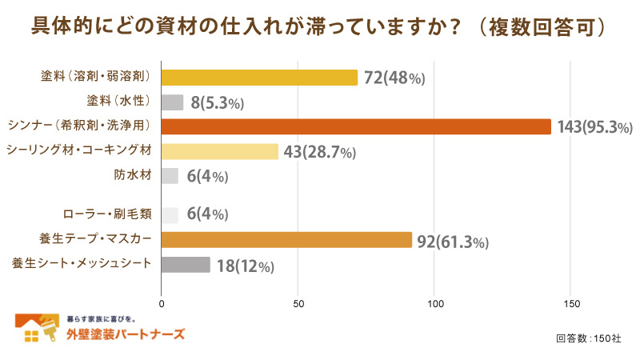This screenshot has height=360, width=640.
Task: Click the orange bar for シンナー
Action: point(356,126)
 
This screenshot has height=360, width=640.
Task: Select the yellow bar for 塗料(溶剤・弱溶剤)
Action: point(259,78)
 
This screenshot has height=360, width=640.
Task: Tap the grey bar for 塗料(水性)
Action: point(172,102)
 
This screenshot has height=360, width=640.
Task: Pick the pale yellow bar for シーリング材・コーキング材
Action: point(220,151)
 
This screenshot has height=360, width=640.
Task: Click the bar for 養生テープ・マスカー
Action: point(286,240)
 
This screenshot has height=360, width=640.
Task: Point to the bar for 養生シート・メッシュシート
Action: point(186,265)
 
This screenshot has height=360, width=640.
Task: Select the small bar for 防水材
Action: point(170,176)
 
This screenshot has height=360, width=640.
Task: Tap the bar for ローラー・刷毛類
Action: point(170,214)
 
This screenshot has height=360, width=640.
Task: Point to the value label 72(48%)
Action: point(394,78)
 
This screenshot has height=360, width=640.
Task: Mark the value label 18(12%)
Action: point(245,266)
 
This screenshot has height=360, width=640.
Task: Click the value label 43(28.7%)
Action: point(318,152)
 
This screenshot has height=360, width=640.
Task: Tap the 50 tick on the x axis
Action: point(298,304)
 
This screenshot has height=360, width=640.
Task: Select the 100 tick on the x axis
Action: point(435,304)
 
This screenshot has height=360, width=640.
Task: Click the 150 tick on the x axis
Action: point(571,304)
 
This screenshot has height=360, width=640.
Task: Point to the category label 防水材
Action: point(134,175)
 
